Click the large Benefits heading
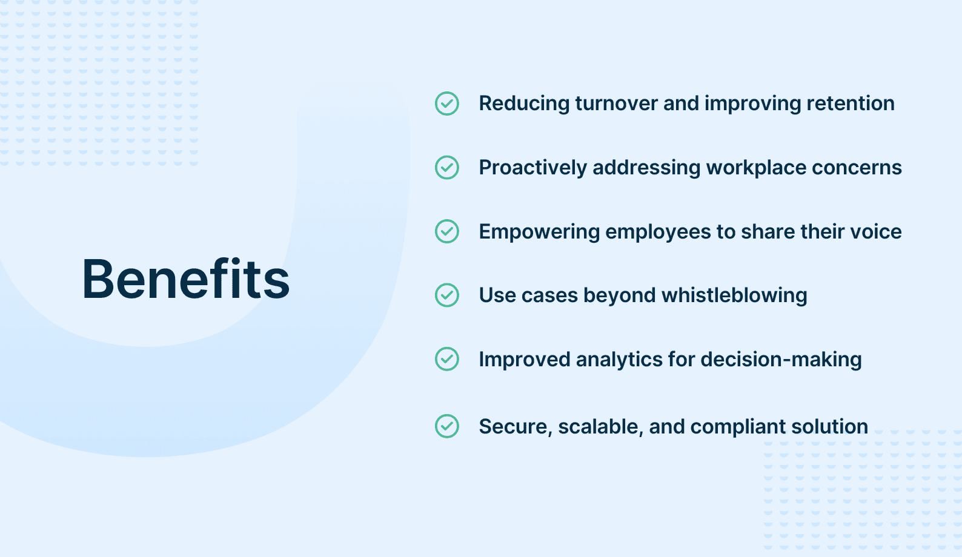click(x=185, y=279)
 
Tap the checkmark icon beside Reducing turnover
click(x=447, y=104)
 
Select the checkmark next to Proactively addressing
click(x=447, y=167)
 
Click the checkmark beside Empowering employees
click(x=447, y=231)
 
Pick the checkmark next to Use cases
click(x=447, y=295)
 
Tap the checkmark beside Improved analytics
click(x=447, y=359)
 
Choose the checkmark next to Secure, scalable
click(x=447, y=426)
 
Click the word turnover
click(x=617, y=104)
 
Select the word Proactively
click(x=533, y=167)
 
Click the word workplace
click(x=756, y=167)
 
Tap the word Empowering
click(x=539, y=232)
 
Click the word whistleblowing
click(x=734, y=295)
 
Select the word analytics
click(x=619, y=360)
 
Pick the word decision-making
click(x=781, y=360)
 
